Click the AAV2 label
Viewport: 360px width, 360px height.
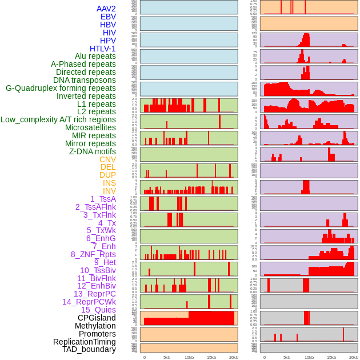tap(106, 9)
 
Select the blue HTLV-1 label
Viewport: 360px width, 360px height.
tap(102, 49)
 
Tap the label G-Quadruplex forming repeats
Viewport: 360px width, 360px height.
tap(61, 88)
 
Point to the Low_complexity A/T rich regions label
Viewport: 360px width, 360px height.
tap(58, 119)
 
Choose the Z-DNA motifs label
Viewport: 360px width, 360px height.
tap(92, 151)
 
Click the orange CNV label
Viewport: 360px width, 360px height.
tap(107, 159)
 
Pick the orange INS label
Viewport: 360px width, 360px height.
tap(109, 183)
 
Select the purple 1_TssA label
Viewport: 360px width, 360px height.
tap(103, 199)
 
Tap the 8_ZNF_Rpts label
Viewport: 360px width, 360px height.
tap(93, 254)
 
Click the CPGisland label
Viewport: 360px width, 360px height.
tap(97, 318)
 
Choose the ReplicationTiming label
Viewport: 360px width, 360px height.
tap(84, 342)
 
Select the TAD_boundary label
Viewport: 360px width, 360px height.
tap(89, 349)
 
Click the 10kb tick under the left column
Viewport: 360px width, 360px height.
tap(189, 357)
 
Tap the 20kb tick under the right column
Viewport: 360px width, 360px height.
tap(353, 357)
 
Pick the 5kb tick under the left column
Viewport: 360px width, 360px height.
tap(166, 357)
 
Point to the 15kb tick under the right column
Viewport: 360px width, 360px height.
tap(331, 357)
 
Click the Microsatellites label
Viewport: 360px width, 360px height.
tap(90, 127)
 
